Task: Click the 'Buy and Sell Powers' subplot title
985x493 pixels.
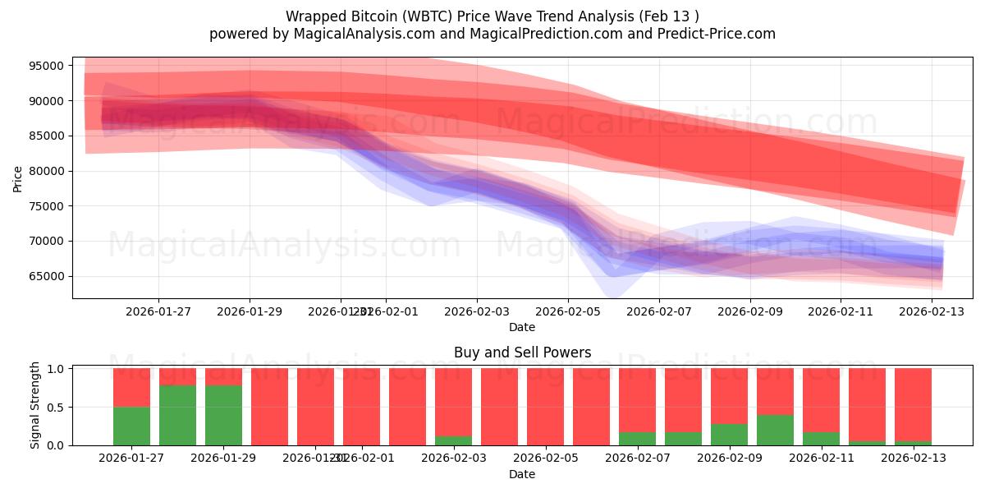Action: [522, 352]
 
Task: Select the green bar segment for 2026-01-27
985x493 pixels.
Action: [131, 426]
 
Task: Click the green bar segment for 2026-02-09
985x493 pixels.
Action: [729, 435]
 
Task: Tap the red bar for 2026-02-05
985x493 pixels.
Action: [545, 407]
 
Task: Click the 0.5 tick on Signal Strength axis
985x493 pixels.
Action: [57, 407]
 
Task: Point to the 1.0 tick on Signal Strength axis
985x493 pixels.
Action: [57, 369]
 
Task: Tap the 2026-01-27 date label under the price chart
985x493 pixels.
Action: [158, 311]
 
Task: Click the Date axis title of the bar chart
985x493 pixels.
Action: [522, 474]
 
